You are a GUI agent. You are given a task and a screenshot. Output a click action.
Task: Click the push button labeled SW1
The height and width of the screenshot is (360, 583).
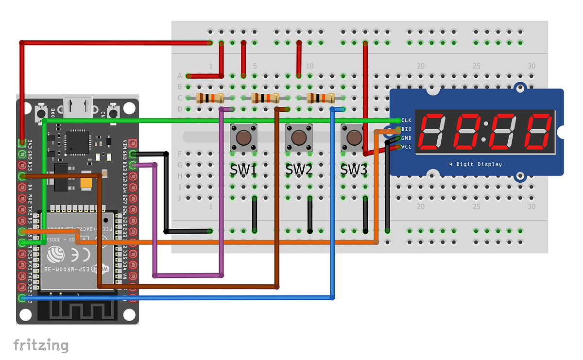coord(243,137)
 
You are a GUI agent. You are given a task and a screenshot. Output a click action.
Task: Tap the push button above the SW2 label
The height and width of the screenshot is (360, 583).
coord(299,137)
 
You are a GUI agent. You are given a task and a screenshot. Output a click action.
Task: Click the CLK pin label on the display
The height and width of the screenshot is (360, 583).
coord(407,120)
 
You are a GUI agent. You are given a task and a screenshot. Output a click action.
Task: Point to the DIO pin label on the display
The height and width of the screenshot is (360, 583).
coord(407,129)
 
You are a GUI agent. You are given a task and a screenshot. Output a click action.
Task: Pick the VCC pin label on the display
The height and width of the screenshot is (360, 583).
coord(407,147)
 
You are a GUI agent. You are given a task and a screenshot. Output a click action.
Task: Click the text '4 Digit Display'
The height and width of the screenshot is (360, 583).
coord(475,164)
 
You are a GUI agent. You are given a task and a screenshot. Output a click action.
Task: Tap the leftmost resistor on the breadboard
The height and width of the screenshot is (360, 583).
coord(209,98)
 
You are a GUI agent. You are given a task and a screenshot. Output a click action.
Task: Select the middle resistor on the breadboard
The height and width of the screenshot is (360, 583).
coord(265,98)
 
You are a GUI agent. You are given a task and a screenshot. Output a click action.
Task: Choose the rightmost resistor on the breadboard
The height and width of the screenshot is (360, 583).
coord(321,98)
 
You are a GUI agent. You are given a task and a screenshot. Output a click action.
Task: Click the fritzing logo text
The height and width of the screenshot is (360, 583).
coord(41,345)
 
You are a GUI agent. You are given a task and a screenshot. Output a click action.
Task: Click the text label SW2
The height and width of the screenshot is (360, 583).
coord(298,170)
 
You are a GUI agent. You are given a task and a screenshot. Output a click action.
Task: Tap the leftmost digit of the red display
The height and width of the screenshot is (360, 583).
coord(430,133)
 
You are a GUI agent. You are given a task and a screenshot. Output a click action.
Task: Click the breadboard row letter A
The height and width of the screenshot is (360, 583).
coord(180,76)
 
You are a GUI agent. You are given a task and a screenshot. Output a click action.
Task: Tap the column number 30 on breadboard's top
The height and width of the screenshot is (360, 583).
coord(532,66)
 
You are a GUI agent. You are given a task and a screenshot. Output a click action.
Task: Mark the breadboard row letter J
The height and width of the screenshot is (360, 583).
coord(180,198)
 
